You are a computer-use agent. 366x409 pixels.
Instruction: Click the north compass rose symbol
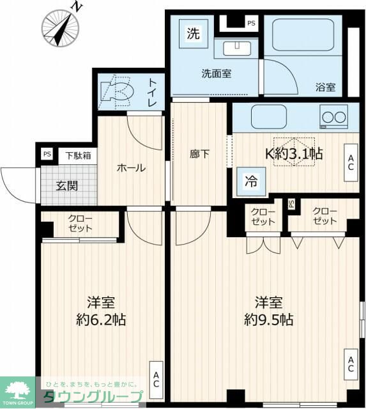[61, 27]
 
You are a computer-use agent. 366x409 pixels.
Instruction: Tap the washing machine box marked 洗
[193, 34]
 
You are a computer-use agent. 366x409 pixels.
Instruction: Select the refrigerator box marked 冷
[251, 181]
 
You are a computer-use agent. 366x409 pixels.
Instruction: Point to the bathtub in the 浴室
[303, 36]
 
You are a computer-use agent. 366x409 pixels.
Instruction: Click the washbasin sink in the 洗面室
[237, 49]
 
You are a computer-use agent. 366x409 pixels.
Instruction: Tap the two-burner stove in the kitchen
[334, 116]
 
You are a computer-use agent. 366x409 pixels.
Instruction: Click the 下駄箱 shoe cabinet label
[78, 156]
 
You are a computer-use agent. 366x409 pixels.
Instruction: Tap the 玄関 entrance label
[67, 186]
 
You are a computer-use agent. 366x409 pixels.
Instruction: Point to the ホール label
[131, 168]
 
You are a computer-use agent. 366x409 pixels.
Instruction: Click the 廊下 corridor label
[199, 154]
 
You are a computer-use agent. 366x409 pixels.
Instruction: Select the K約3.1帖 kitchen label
[294, 153]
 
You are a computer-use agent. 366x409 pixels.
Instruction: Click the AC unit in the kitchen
[351, 162]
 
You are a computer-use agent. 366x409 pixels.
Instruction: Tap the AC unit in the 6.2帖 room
[156, 380]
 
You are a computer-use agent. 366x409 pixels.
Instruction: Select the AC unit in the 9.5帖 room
[351, 364]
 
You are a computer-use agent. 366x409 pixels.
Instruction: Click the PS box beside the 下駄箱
[47, 154]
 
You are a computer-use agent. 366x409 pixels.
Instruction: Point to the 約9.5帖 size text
[269, 320]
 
